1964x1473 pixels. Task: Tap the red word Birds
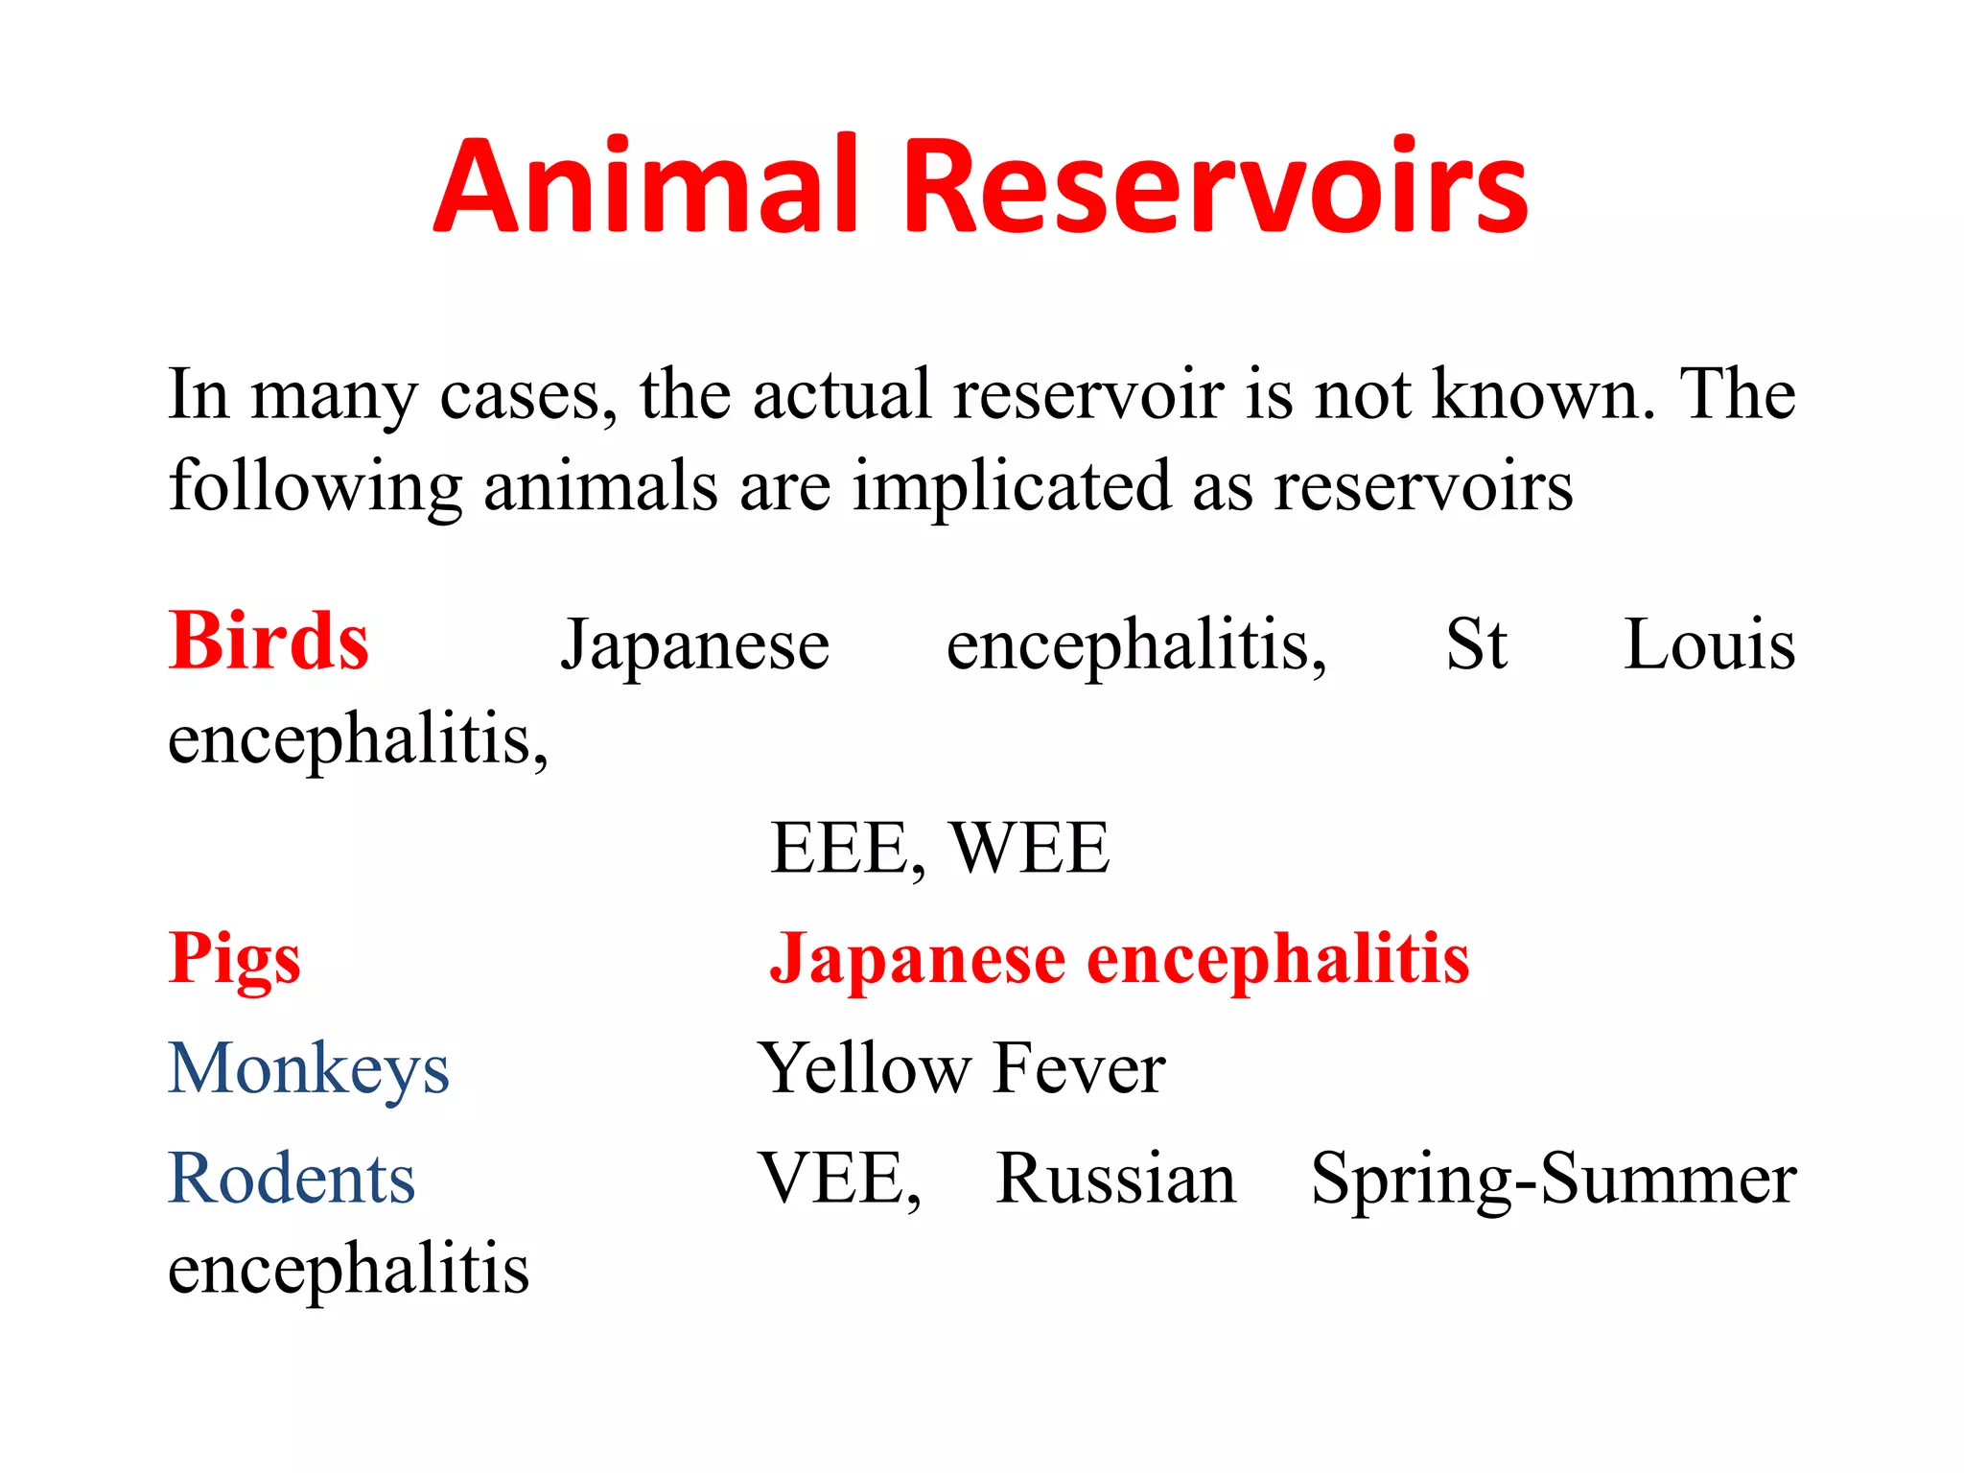coord(269,642)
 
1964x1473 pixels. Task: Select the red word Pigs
coord(235,960)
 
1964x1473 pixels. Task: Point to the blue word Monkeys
coord(309,1070)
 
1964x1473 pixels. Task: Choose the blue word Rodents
coord(292,1179)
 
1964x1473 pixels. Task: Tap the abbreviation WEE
coord(1030,849)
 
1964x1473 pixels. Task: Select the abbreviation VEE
coord(833,1179)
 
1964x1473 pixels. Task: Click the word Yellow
coord(864,1068)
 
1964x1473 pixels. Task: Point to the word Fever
coord(1079,1068)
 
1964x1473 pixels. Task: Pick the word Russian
coord(1116,1179)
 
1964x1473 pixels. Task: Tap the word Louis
coord(1710,643)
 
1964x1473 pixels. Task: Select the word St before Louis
coord(1477,643)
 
